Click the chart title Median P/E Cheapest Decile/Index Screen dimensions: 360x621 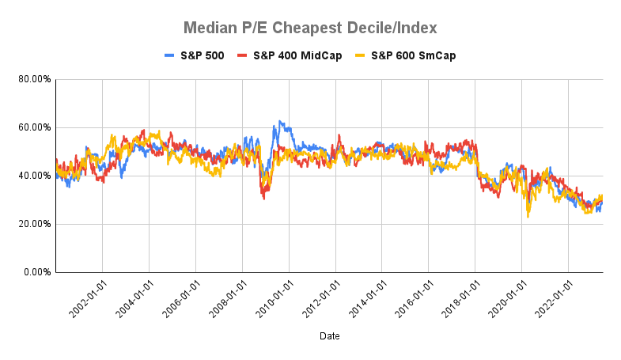[310, 28]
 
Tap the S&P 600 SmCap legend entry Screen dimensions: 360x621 [405, 55]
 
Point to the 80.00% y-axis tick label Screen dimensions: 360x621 [33, 79]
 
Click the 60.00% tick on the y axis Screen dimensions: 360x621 [33, 127]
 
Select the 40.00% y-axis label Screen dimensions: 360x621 [33, 176]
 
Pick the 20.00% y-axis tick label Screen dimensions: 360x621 [33, 224]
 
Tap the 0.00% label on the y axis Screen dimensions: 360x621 [36, 272]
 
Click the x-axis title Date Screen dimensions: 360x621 [330, 336]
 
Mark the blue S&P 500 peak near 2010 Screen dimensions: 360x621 [278, 122]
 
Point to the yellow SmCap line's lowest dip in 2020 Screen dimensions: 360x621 [528, 216]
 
